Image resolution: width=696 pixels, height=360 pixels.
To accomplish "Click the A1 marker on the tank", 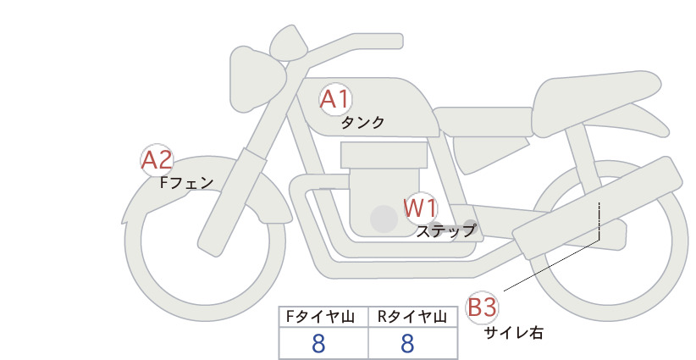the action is [x=335, y=99].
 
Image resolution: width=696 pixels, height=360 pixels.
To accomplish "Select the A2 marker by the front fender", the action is [x=157, y=160].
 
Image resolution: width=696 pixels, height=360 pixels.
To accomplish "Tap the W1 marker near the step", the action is [x=420, y=208].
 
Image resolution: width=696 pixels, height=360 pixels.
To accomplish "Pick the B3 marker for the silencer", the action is [x=482, y=307].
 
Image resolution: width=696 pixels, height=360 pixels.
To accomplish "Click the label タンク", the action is [x=362, y=123].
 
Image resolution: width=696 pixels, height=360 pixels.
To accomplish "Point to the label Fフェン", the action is [x=186, y=182].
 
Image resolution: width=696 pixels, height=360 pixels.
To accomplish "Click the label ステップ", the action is [x=445, y=231].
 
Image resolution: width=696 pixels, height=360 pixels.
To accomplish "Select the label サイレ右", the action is [x=513, y=333].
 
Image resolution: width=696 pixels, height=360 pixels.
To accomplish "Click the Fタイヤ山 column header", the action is [x=320, y=317].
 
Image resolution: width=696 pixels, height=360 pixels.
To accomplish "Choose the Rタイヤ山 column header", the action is [x=412, y=317].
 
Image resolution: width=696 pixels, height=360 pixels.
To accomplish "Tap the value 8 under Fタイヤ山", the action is [x=318, y=343].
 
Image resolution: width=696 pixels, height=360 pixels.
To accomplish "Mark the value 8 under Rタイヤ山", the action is [x=407, y=343].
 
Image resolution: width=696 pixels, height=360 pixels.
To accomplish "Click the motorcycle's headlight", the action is [x=257, y=79].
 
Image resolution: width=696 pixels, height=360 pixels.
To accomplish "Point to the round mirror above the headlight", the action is [x=289, y=42].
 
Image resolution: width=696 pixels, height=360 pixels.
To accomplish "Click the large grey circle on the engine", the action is [x=384, y=219].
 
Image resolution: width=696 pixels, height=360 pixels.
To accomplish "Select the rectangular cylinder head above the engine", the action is [x=384, y=155].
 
